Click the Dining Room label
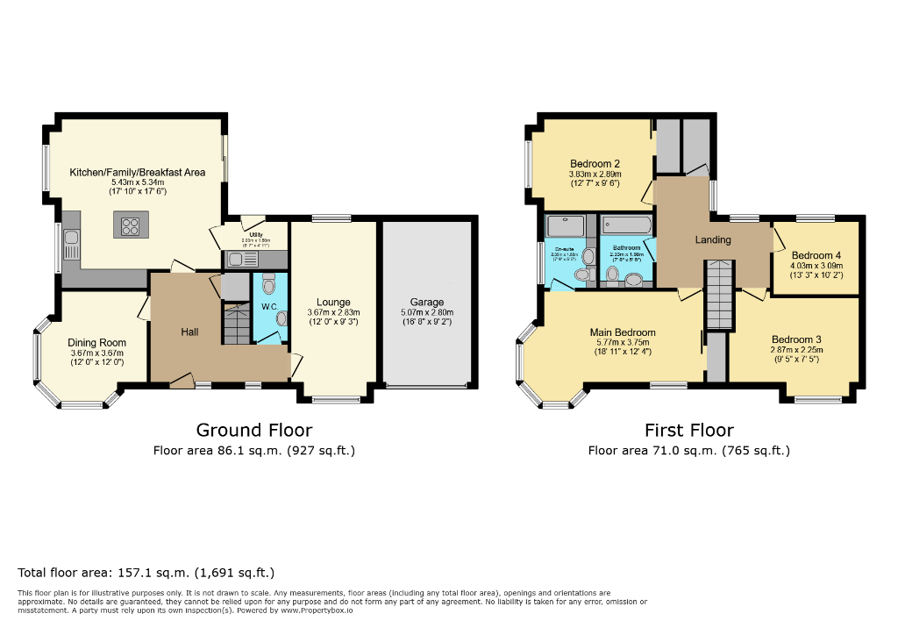[x=97, y=343]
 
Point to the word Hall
[x=189, y=332]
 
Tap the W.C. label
[x=269, y=306]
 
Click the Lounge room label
[x=333, y=303]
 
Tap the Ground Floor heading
[x=253, y=430]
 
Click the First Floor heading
[x=688, y=430]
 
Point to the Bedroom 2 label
[x=595, y=164]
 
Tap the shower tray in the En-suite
[x=566, y=226]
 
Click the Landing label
[x=712, y=239]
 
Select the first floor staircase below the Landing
[x=718, y=294]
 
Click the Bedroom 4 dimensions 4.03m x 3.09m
[x=816, y=266]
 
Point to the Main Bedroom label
[x=622, y=332]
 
